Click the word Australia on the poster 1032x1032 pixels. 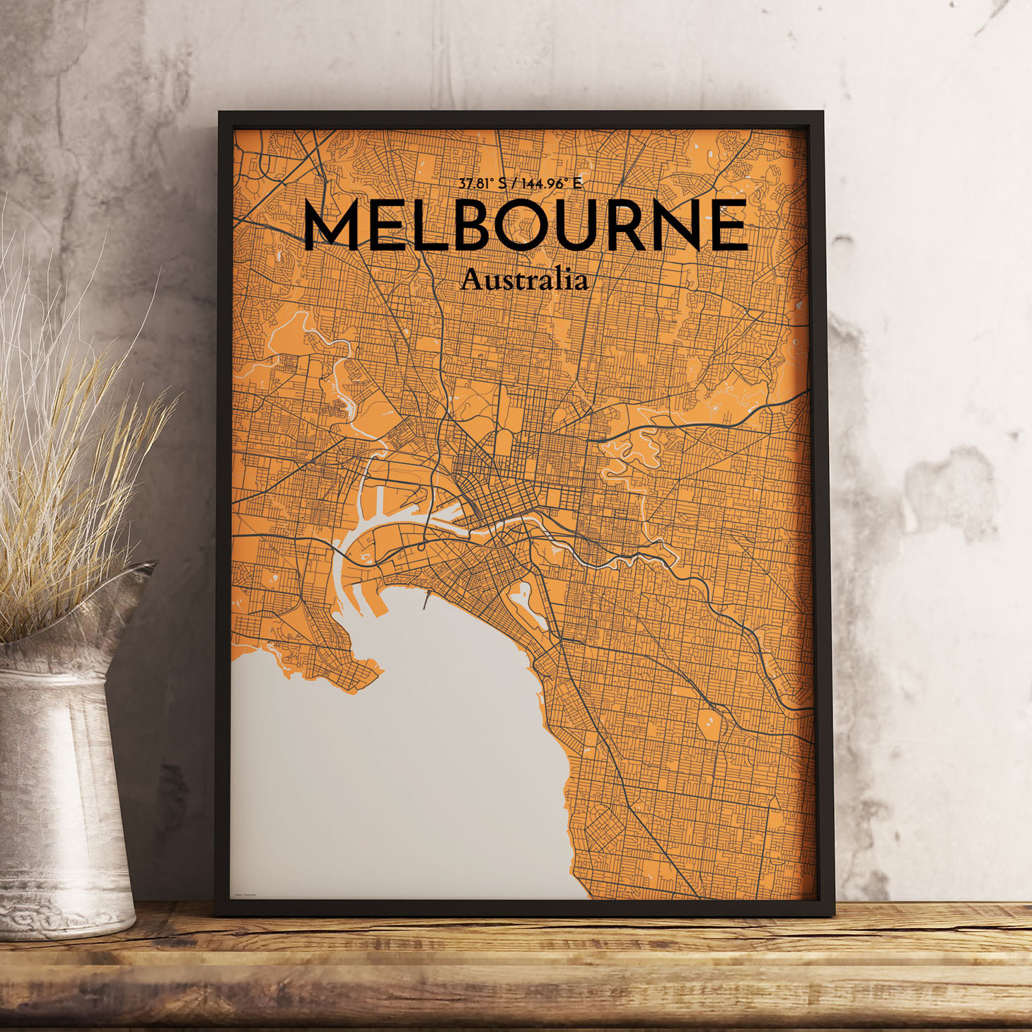click(x=523, y=280)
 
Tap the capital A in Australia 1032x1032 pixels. click(x=470, y=280)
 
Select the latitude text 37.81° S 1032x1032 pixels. click(x=483, y=184)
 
